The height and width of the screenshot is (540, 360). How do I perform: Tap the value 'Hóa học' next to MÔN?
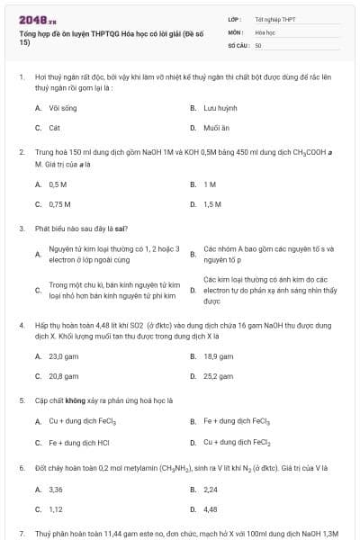coord(265,31)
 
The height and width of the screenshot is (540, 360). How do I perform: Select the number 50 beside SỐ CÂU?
coord(258,44)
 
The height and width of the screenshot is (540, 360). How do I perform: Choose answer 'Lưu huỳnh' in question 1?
coord(220,108)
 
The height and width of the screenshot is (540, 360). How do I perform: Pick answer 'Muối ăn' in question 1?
coord(216,128)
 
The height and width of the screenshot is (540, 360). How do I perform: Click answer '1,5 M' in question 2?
coord(212,204)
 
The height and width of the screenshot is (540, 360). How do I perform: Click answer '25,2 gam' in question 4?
coord(218,376)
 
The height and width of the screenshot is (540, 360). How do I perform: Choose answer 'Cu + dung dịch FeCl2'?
coord(237,442)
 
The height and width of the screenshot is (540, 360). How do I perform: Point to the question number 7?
coord(21,534)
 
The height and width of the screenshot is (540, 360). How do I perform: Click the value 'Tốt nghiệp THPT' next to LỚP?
coord(274,19)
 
